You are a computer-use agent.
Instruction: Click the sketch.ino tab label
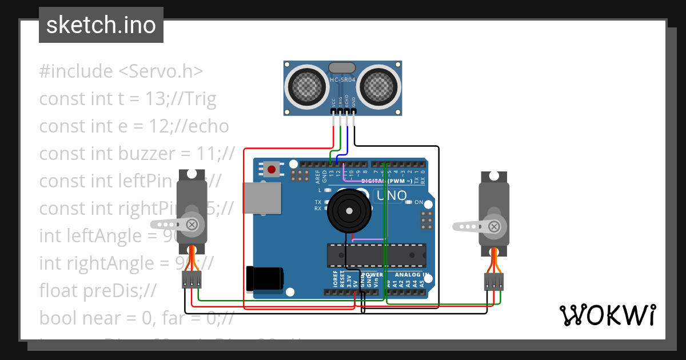tap(101, 25)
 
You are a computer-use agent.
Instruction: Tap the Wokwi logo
tap(607, 315)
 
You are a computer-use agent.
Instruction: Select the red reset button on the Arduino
tap(271, 169)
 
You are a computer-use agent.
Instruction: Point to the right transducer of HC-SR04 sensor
tap(378, 86)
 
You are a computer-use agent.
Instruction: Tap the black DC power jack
tap(265, 278)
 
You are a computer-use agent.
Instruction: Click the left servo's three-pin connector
tap(192, 279)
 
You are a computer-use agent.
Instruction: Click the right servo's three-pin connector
tap(494, 282)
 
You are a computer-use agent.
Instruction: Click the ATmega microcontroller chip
tap(376, 255)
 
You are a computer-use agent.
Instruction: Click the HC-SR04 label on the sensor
tap(343, 79)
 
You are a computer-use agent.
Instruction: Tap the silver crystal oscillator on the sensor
tap(342, 68)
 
